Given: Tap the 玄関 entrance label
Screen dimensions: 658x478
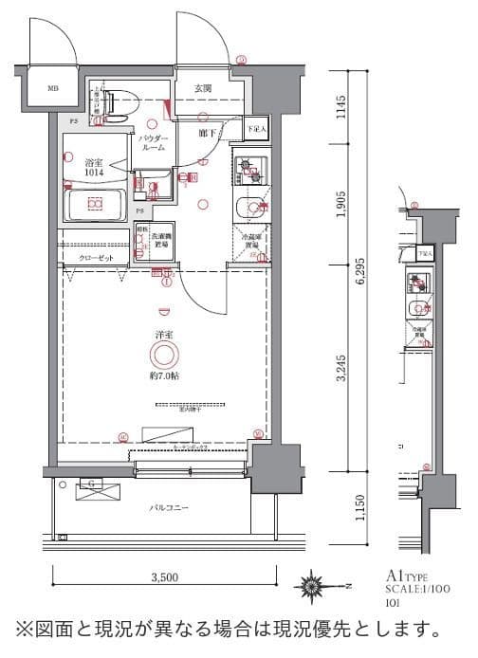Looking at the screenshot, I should (204, 88).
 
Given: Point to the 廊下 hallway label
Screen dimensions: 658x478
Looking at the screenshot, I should (206, 134).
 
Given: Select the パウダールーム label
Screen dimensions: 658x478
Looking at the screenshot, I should (154, 143).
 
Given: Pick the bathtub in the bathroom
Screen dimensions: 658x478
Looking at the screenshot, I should (95, 204).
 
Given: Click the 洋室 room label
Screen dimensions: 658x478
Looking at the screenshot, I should (164, 335).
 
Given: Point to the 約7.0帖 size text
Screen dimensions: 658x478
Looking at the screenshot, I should (164, 375).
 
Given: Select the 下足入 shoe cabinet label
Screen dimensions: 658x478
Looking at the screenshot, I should (256, 128).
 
